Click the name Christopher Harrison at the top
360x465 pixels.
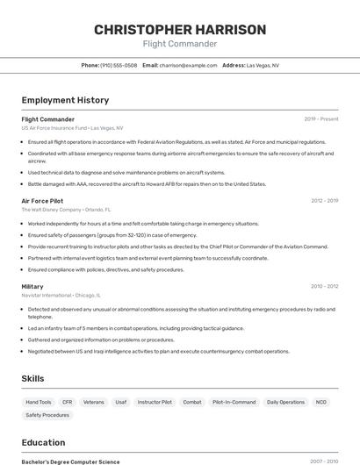[x=179, y=30]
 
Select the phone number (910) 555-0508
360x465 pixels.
[x=118, y=65]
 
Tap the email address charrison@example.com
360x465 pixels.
[x=188, y=65]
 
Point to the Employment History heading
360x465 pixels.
[x=65, y=100]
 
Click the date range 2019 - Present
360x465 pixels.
[x=321, y=119]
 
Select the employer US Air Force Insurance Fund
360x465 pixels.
[x=54, y=127]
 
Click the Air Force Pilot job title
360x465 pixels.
[x=42, y=201]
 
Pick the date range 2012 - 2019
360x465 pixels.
[x=324, y=201]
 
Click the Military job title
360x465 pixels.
[x=32, y=286]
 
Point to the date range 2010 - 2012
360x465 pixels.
[x=324, y=286]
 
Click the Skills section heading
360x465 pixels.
[x=33, y=378]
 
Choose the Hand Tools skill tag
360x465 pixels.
[x=39, y=402]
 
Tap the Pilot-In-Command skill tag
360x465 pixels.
[x=234, y=402]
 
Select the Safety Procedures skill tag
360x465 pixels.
[x=47, y=415]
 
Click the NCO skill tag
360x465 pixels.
[x=321, y=402]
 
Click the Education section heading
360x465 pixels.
[x=43, y=442]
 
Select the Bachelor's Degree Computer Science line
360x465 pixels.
[x=70, y=461]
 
